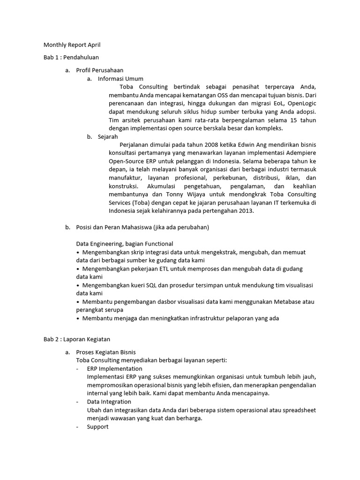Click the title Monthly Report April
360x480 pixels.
coord(72,45)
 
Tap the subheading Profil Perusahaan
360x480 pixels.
coord(100,70)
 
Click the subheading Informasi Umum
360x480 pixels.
coord(120,79)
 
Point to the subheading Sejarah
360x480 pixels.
coord(108,137)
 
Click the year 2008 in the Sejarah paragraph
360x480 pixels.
coord(223,145)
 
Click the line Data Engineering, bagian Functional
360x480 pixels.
coord(125,244)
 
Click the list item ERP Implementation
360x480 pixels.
coord(114,368)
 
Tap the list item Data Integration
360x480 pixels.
coord(109,402)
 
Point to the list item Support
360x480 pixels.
coord(97,427)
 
